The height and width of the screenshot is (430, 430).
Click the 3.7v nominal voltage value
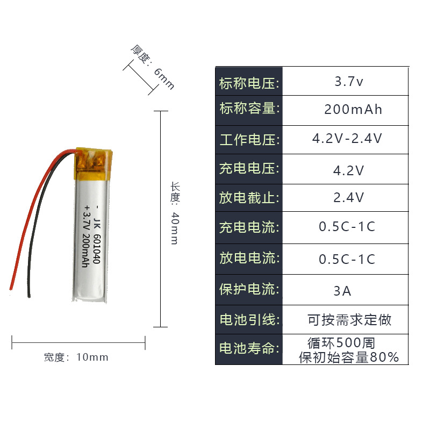349,82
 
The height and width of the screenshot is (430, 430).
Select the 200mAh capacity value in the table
353,110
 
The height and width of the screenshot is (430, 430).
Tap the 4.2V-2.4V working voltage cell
347,139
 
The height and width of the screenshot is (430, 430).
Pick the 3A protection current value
342,291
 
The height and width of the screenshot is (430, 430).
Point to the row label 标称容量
249,109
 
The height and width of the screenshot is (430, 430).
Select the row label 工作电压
249,140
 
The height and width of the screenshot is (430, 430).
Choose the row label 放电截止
249,198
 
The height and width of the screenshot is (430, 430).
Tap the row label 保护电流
249,289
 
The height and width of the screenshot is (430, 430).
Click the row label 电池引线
249,320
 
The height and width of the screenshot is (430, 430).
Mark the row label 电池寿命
249,348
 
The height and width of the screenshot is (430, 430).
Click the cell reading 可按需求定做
349,320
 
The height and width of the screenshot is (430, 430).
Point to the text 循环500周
341,342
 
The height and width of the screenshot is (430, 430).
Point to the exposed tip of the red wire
11,286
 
